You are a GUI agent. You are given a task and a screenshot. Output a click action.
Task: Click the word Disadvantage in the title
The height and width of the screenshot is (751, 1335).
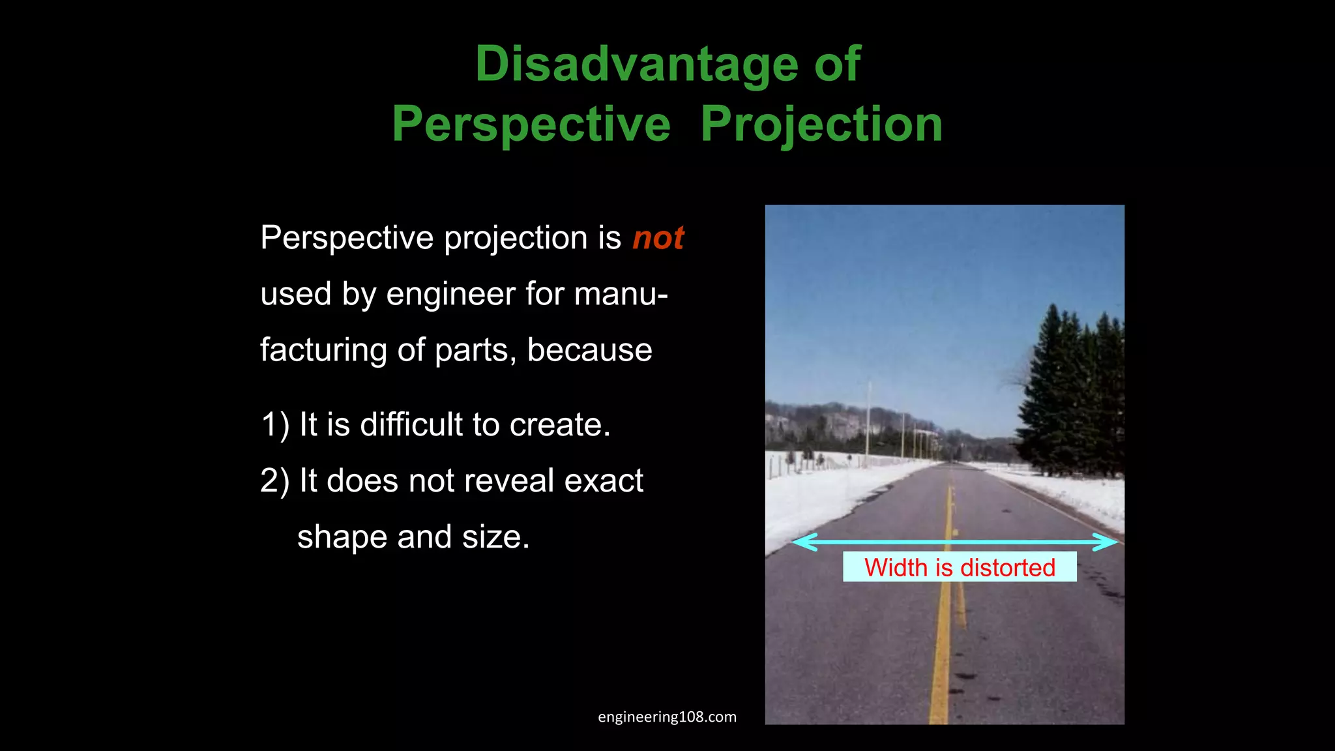coord(636,64)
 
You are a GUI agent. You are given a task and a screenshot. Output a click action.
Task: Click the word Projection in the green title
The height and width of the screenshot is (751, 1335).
coord(821,124)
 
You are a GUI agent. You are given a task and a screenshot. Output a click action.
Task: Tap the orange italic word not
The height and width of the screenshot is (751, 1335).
coord(658,238)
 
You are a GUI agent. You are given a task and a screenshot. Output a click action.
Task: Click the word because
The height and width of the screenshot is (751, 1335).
coord(589,350)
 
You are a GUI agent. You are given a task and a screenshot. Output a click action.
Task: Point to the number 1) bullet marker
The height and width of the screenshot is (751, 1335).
coord(274,425)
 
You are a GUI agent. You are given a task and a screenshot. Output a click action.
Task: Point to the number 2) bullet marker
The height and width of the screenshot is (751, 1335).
coord(274,481)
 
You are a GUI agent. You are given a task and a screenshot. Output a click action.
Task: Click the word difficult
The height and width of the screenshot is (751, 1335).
coord(411,424)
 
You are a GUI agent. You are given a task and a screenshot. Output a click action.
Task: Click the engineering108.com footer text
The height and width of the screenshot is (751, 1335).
coord(667,717)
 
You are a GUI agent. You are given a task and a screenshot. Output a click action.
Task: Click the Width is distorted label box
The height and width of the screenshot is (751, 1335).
coord(959,567)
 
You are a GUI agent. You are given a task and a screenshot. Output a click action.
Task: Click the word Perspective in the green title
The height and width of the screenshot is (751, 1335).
coord(531,124)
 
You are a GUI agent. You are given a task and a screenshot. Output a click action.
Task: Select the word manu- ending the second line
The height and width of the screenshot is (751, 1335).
coord(621,294)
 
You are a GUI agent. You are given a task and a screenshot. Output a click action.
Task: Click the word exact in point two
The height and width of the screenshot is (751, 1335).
coord(603,481)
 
